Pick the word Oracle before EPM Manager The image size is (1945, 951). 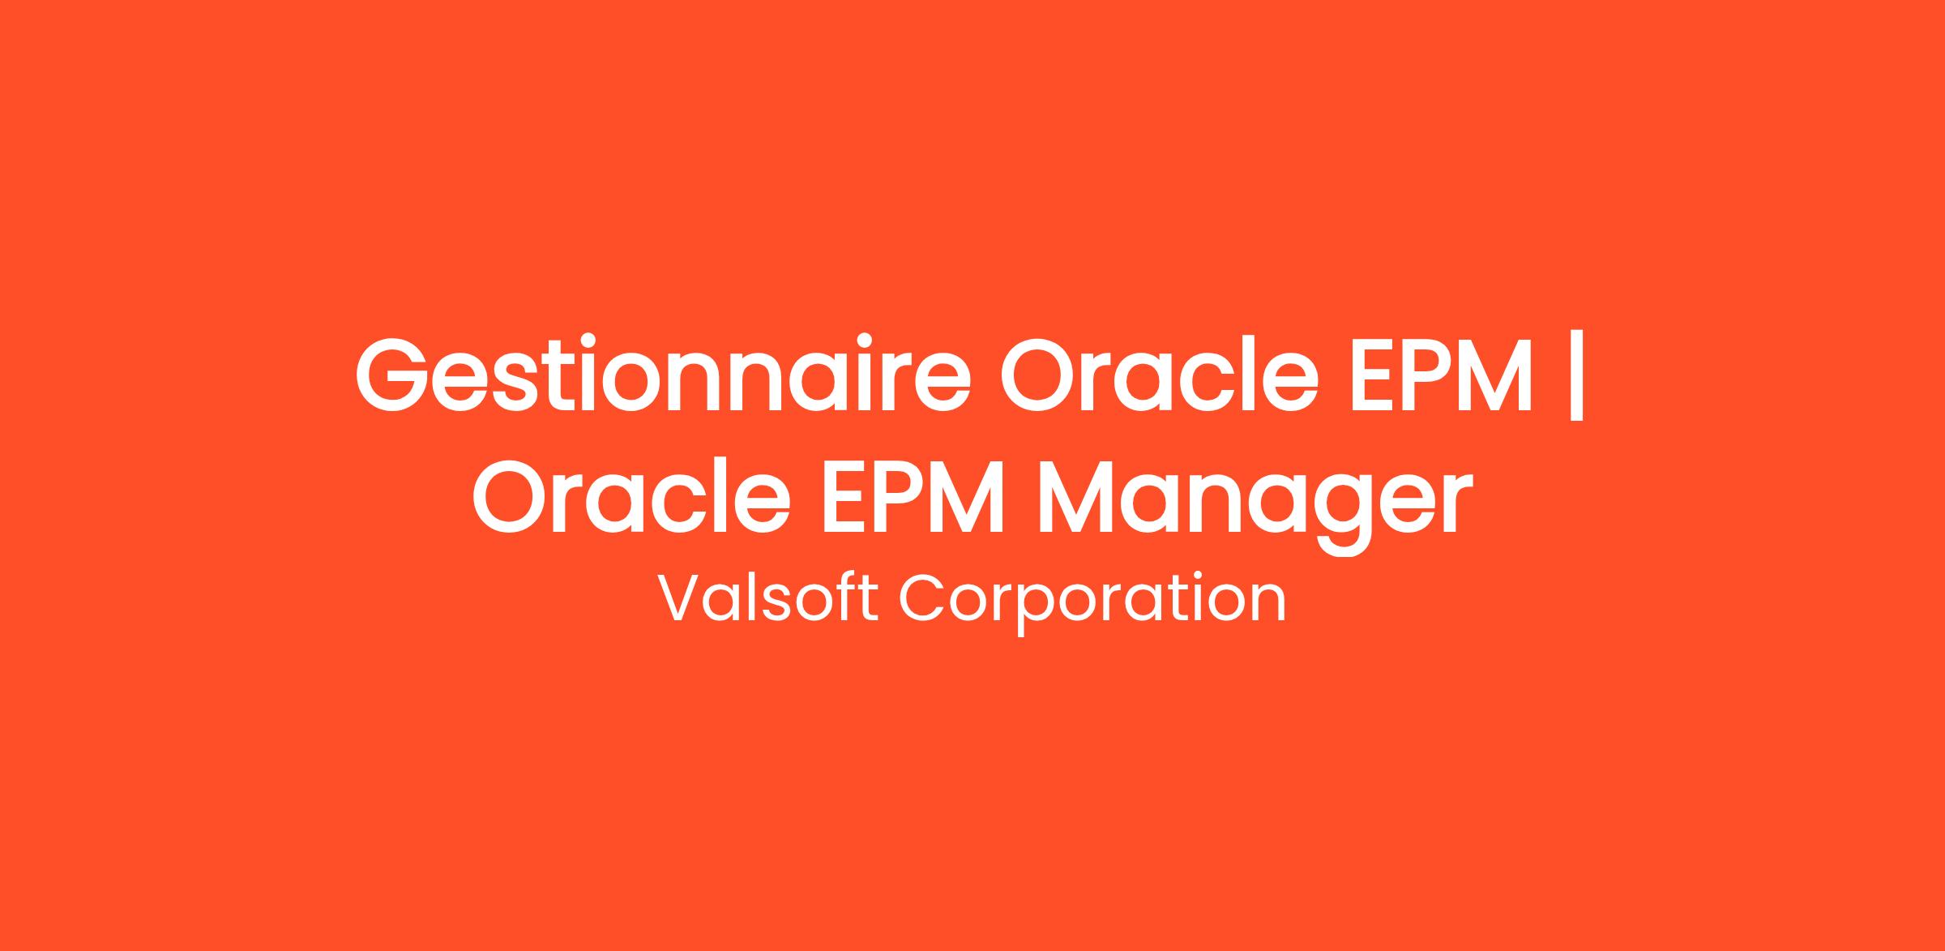[x=631, y=495]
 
